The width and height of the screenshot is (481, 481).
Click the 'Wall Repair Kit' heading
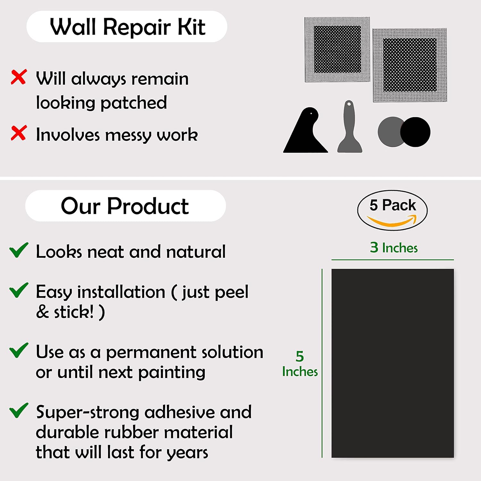[x=127, y=27]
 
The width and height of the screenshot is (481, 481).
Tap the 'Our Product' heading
[x=125, y=206]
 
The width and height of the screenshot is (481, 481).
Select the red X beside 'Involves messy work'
[x=19, y=133]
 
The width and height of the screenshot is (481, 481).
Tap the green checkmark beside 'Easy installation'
[x=19, y=290]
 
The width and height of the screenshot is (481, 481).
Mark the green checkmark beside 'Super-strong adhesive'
[x=19, y=410]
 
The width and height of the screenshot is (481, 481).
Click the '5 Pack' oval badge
[x=392, y=210]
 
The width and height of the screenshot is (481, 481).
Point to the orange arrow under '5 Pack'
[x=392, y=221]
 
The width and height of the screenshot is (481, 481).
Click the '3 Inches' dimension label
[x=394, y=248]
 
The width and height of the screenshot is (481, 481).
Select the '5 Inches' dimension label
[x=300, y=364]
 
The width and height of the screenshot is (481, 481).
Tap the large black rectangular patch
[x=392, y=363]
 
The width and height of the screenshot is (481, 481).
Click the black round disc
[x=416, y=132]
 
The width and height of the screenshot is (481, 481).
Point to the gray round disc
[x=389, y=132]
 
